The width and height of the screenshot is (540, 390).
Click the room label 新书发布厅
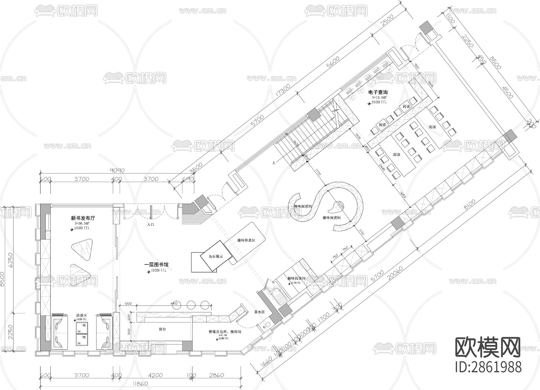coord(83,218)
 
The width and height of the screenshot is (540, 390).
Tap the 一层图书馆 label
coord(156,264)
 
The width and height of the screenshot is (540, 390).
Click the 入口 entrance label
coord(151,224)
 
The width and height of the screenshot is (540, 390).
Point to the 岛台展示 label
coord(215,256)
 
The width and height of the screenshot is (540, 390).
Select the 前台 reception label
coord(162,329)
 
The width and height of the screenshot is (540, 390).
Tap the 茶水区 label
coord(259,312)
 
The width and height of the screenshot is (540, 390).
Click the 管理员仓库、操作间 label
coord(225,332)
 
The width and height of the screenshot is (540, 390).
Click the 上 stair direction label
coord(274,163)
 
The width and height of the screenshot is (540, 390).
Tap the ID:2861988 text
coord(488,367)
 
